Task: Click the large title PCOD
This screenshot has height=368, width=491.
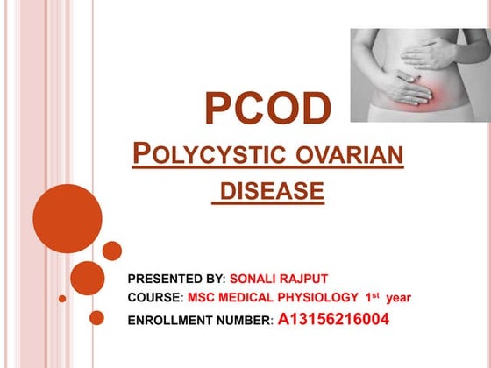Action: [x=268, y=108]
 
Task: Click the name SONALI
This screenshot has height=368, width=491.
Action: [x=260, y=278]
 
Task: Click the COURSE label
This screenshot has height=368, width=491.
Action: [x=154, y=298]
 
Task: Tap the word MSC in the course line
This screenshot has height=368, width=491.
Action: [x=203, y=298]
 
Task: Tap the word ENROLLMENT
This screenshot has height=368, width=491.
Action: [x=169, y=320]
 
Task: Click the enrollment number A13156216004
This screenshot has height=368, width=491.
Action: [x=333, y=319]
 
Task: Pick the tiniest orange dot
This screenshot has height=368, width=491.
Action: [x=62, y=298]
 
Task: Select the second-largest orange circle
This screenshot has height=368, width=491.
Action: [x=87, y=278]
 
